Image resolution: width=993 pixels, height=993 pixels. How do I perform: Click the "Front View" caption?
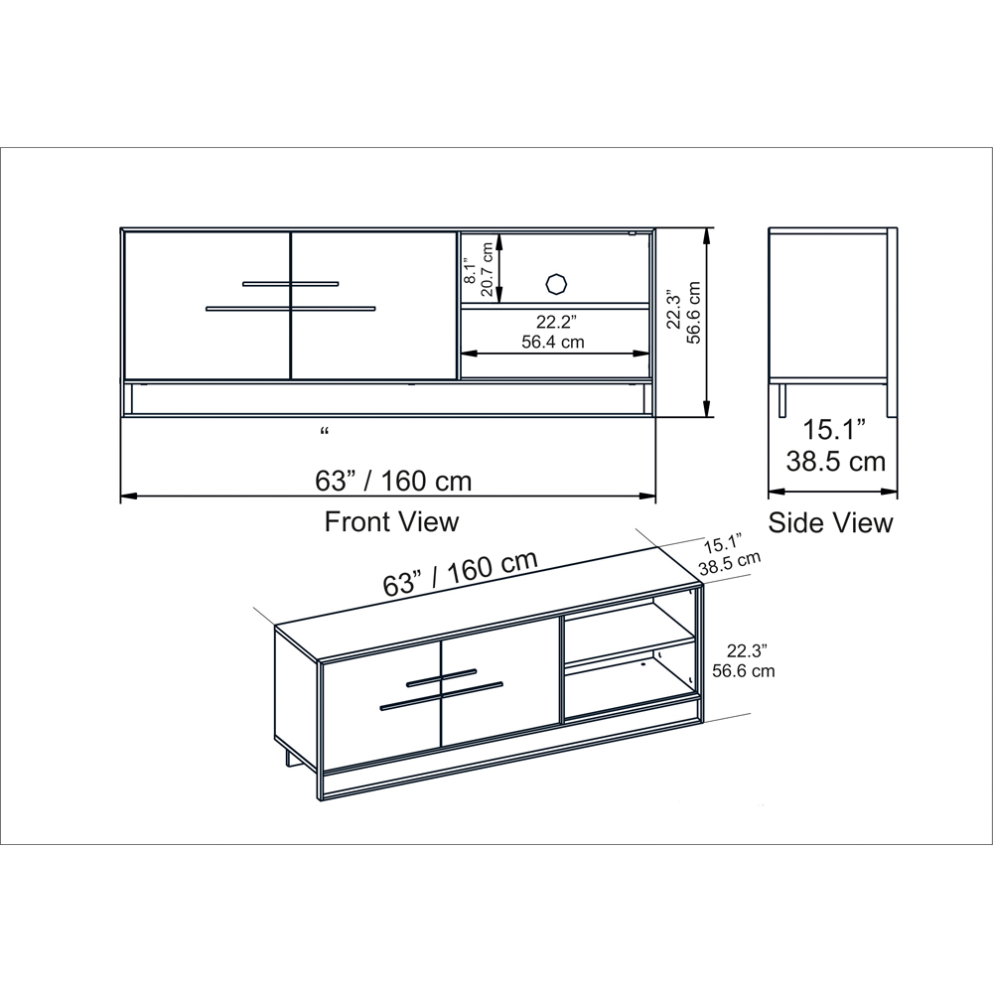(391, 521)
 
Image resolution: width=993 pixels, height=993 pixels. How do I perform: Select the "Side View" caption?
(830, 522)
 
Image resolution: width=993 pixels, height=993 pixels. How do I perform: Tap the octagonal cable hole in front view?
(556, 283)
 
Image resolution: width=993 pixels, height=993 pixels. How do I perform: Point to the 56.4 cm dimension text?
(552, 341)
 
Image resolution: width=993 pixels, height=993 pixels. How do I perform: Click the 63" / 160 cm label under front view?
(393, 481)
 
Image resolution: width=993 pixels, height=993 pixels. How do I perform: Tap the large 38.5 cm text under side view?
(835, 461)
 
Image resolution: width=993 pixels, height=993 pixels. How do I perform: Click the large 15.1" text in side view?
(834, 430)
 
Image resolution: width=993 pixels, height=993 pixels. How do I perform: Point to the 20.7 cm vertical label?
(487, 268)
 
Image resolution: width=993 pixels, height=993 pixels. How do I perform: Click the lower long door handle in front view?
(290, 309)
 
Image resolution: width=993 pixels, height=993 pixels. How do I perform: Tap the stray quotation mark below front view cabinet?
(325, 432)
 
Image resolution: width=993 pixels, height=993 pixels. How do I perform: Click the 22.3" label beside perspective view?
(748, 651)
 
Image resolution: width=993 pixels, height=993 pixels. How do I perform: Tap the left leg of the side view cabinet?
(782, 398)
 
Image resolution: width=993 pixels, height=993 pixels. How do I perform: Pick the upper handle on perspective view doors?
(441, 677)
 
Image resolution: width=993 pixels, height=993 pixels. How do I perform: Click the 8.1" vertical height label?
(470, 268)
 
